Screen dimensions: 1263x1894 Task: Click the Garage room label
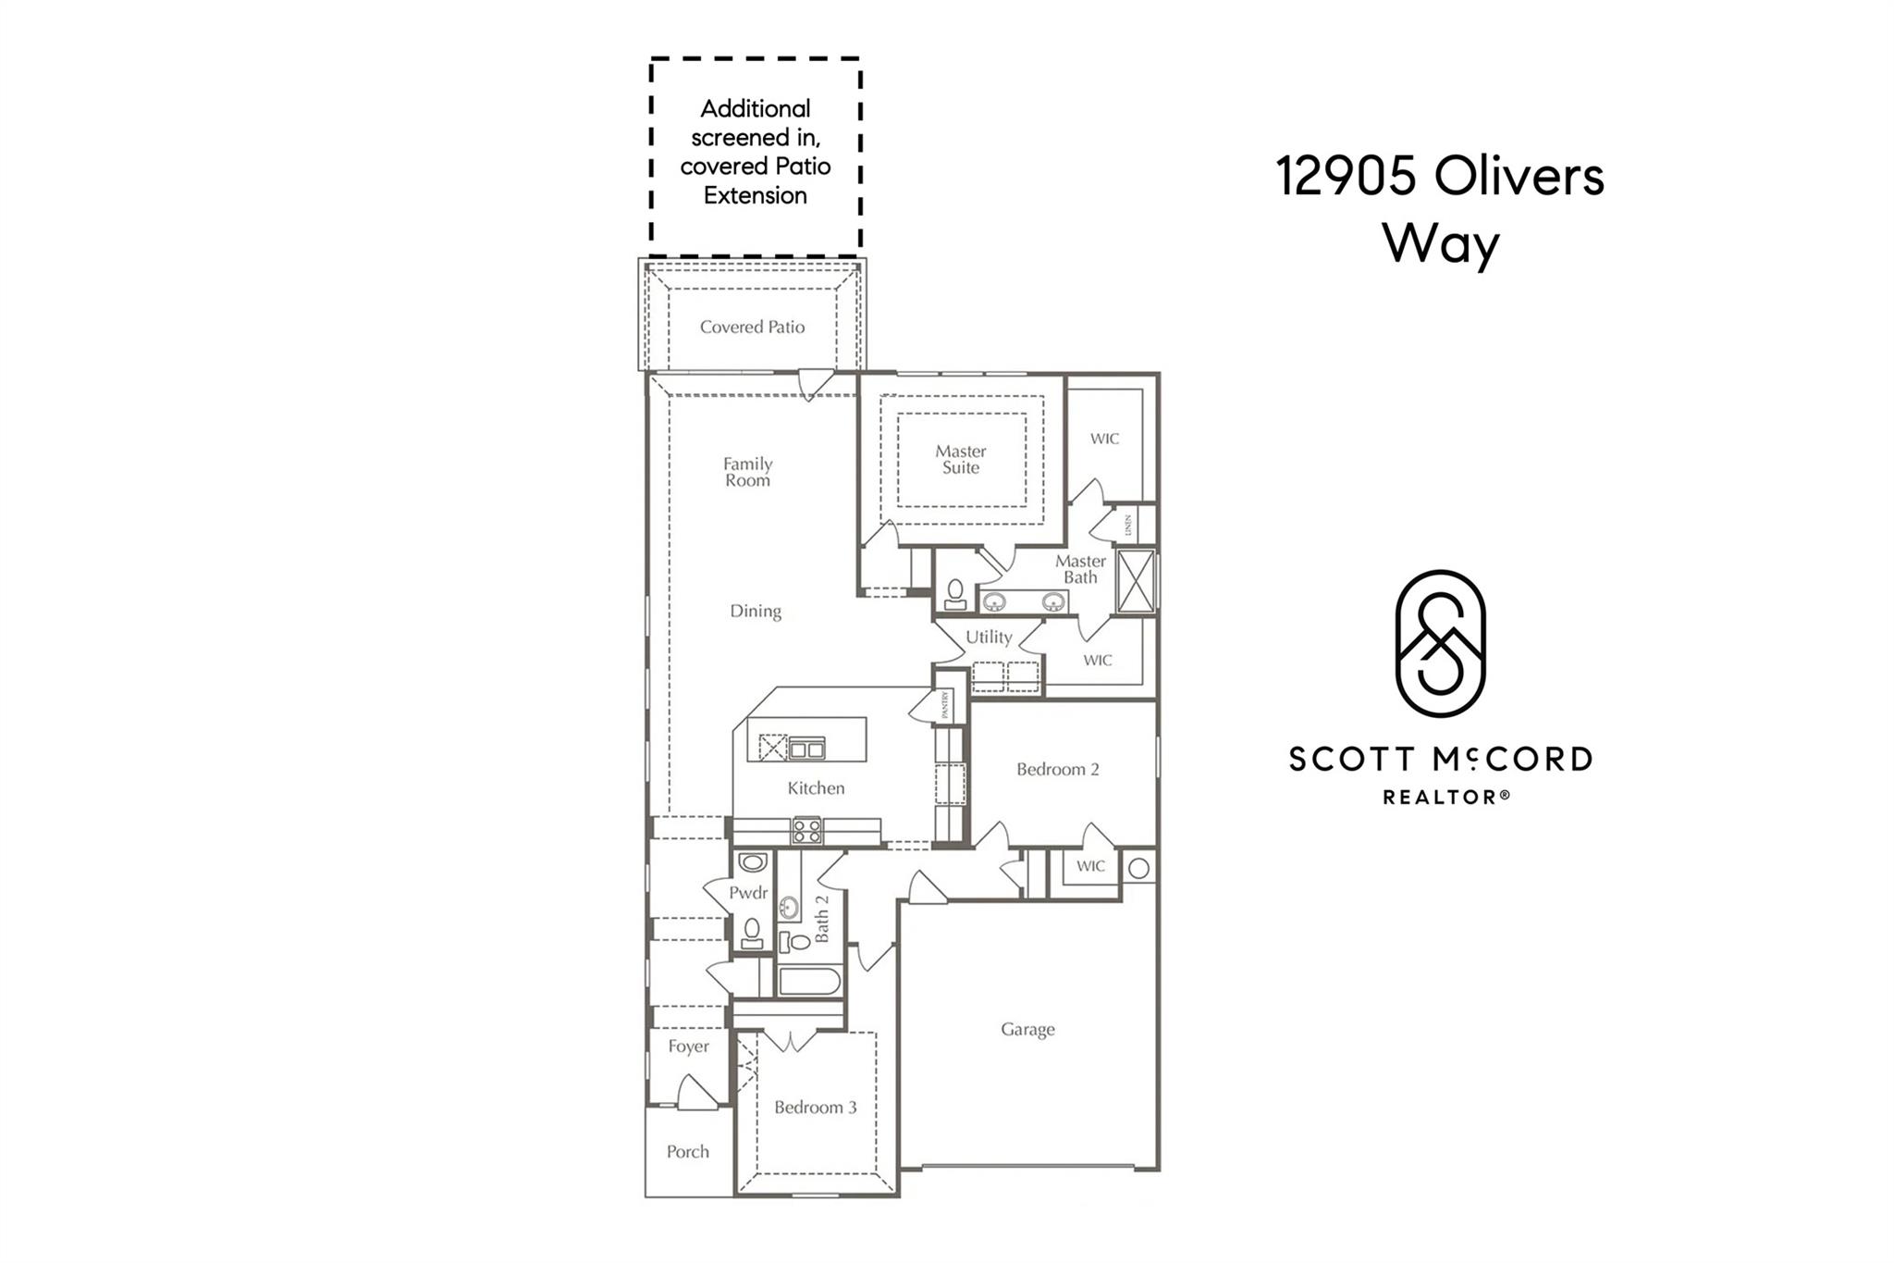coord(1027,1029)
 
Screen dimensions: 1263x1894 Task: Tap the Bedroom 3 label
coord(815,1107)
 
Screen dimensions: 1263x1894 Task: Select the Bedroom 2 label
coord(1057,769)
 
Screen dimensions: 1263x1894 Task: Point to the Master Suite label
coord(960,459)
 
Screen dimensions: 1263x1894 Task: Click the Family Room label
coord(747,472)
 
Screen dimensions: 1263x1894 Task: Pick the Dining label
coord(755,611)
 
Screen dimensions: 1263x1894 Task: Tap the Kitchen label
coord(815,788)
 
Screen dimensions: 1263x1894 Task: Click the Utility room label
coord(988,637)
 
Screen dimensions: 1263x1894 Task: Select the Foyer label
coord(688,1046)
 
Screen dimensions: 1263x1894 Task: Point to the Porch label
coord(687,1152)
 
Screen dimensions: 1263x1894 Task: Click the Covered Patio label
coord(752,327)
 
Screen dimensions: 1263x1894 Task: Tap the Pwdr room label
coord(747,893)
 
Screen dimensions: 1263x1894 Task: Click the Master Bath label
coord(1079,569)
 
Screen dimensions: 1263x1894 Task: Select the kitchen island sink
coord(806,749)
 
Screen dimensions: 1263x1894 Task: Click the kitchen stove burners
coord(806,830)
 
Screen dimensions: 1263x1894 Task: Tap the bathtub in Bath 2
coord(809,981)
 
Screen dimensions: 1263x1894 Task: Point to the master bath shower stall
coord(1136,581)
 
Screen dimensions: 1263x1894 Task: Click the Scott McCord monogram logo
coord(1440,644)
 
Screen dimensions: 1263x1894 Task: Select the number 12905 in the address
coord(1346,176)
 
